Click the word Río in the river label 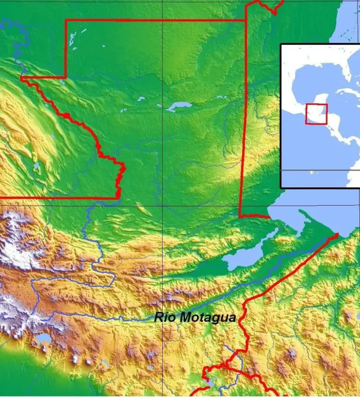pyautogui.click(x=164, y=318)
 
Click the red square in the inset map pyautogui.click(x=316, y=114)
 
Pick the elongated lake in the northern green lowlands pyautogui.click(x=178, y=107)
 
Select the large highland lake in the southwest pyautogui.click(x=43, y=338)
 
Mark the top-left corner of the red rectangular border pyautogui.click(x=66, y=20)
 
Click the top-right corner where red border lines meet pyautogui.click(x=246, y=20)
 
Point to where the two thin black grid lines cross pyautogui.click(x=163, y=205)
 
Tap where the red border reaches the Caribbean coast pyautogui.click(x=336, y=235)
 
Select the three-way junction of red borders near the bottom pyautogui.click(x=227, y=365)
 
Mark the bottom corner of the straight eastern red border pyautogui.click(x=240, y=216)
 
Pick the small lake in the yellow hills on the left pyautogui.click(x=36, y=166)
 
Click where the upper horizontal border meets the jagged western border pyautogui.click(x=22, y=77)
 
